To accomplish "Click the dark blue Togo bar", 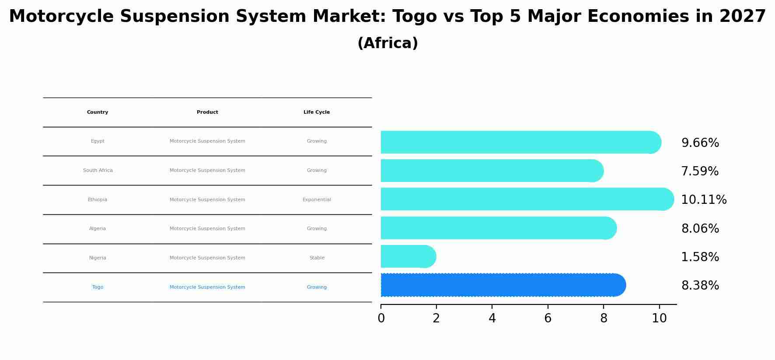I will pyautogui.click(x=503, y=285).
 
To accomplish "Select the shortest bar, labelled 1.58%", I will pyautogui.click(x=408, y=256).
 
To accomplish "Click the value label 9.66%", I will pyautogui.click(x=700, y=143).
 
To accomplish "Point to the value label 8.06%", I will pyautogui.click(x=700, y=229).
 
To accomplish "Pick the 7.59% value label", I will pyautogui.click(x=700, y=171).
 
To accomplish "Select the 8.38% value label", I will pyautogui.click(x=700, y=286).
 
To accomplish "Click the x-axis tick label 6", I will pyautogui.click(x=548, y=318).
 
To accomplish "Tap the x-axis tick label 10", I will pyautogui.click(x=659, y=318).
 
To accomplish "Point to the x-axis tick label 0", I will pyautogui.click(x=381, y=318).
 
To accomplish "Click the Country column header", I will pyautogui.click(x=98, y=112).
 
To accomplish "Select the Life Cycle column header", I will pyautogui.click(x=317, y=112).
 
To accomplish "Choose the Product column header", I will pyautogui.click(x=207, y=112).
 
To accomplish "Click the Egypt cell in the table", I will pyautogui.click(x=98, y=141).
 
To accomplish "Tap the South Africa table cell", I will pyautogui.click(x=98, y=171).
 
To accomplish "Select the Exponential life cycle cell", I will pyautogui.click(x=317, y=200).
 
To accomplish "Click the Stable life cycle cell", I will pyautogui.click(x=317, y=258).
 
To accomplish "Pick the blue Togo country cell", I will pyautogui.click(x=98, y=287).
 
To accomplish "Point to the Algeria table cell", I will pyautogui.click(x=98, y=229).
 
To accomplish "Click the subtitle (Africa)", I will pyautogui.click(x=387, y=43).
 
